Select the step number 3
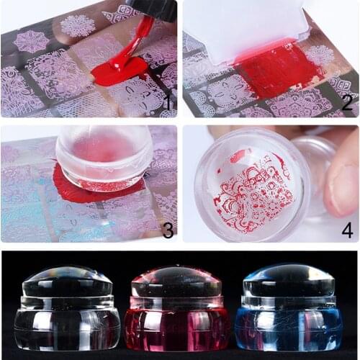coord(168,230)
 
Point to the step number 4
coord(346,230)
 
